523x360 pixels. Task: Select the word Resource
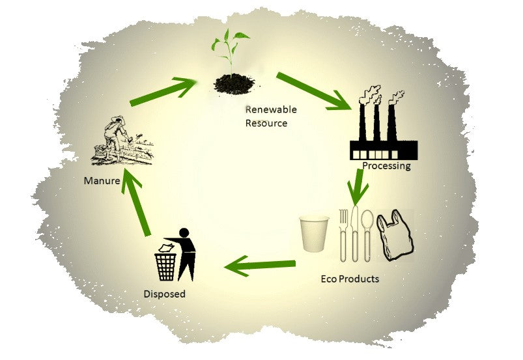point(266,123)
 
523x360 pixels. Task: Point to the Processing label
point(386,165)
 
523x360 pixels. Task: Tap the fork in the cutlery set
point(343,234)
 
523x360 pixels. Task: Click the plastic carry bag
point(395,236)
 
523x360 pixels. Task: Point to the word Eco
point(329,279)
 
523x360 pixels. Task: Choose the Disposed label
point(164,294)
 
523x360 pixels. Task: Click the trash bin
point(165,264)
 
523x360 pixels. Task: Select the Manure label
point(101,180)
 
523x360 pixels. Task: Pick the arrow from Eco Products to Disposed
point(260,265)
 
